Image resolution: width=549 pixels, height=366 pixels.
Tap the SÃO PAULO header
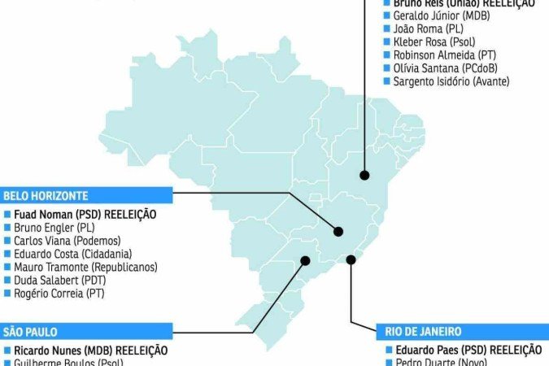[30, 332]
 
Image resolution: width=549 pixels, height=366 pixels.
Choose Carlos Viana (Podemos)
[67, 241]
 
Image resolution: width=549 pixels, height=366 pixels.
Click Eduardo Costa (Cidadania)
[72, 254]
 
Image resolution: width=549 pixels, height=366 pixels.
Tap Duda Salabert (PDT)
[60, 280]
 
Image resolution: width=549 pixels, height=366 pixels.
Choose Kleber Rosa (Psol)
[434, 41]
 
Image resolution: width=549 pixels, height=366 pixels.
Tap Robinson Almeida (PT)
[445, 54]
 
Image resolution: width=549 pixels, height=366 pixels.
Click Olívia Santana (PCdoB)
[444, 68]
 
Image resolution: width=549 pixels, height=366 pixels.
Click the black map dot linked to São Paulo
[305, 261]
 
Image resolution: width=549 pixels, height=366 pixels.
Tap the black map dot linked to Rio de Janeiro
[351, 260]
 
